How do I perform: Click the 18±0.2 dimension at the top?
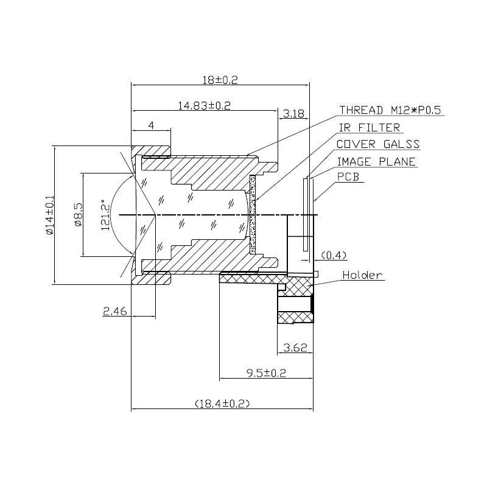coord(220,80)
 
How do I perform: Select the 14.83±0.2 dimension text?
coord(204,105)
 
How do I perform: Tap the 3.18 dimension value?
coord(293,114)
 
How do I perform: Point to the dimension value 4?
coord(151,125)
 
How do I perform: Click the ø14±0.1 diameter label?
coord(50,215)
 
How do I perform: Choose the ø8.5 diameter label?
coord(79,215)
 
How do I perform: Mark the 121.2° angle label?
coord(105,215)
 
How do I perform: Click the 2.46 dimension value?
coord(115,311)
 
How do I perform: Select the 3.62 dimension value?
coord(295,348)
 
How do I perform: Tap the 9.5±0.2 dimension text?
coord(266,373)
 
